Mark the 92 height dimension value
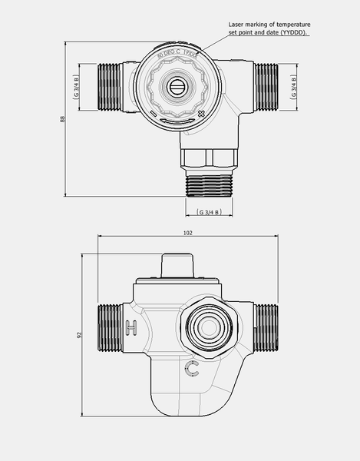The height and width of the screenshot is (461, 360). [x=80, y=335]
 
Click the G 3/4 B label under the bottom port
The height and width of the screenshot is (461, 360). [x=208, y=211]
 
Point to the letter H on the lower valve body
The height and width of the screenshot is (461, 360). [x=131, y=328]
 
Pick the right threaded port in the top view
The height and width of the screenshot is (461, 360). [x=266, y=86]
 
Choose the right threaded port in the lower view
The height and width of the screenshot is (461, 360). [x=266, y=329]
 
